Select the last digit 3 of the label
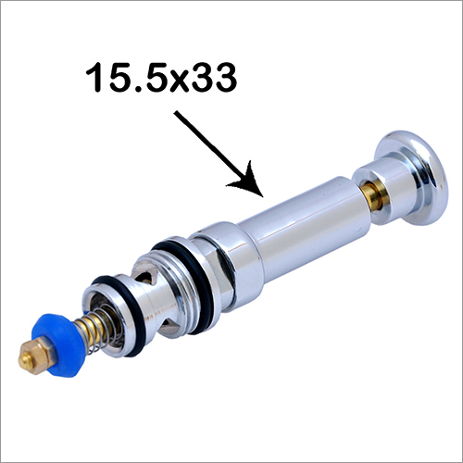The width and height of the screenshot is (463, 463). point(226,77)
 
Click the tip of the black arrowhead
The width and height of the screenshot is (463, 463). point(262,196)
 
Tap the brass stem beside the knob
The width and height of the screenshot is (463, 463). point(371,195)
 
